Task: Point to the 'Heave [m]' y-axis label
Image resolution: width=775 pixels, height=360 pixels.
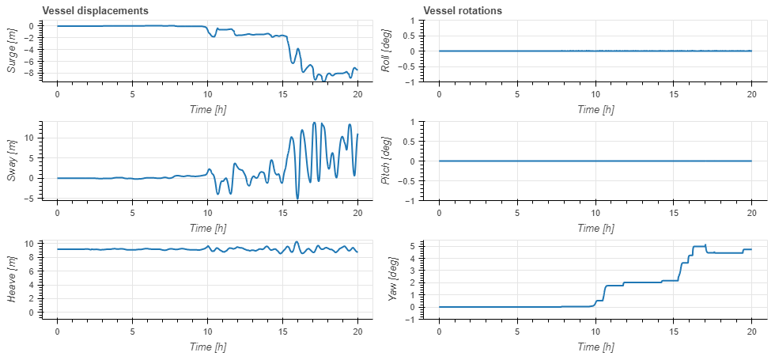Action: click(12, 278)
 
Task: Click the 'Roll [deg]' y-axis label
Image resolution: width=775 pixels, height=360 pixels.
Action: click(386, 51)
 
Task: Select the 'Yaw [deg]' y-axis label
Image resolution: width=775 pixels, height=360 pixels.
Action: click(386, 278)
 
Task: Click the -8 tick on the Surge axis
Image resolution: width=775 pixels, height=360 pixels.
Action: click(29, 74)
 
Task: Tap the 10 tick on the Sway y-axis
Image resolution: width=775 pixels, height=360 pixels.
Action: click(29, 138)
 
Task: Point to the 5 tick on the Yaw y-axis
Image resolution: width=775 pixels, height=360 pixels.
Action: click(414, 246)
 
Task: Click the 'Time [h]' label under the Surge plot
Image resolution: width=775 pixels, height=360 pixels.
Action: click(207, 109)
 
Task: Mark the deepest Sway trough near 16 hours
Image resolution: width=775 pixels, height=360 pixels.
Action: click(297, 197)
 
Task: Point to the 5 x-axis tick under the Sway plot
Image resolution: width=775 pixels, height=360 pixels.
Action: click(132, 212)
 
